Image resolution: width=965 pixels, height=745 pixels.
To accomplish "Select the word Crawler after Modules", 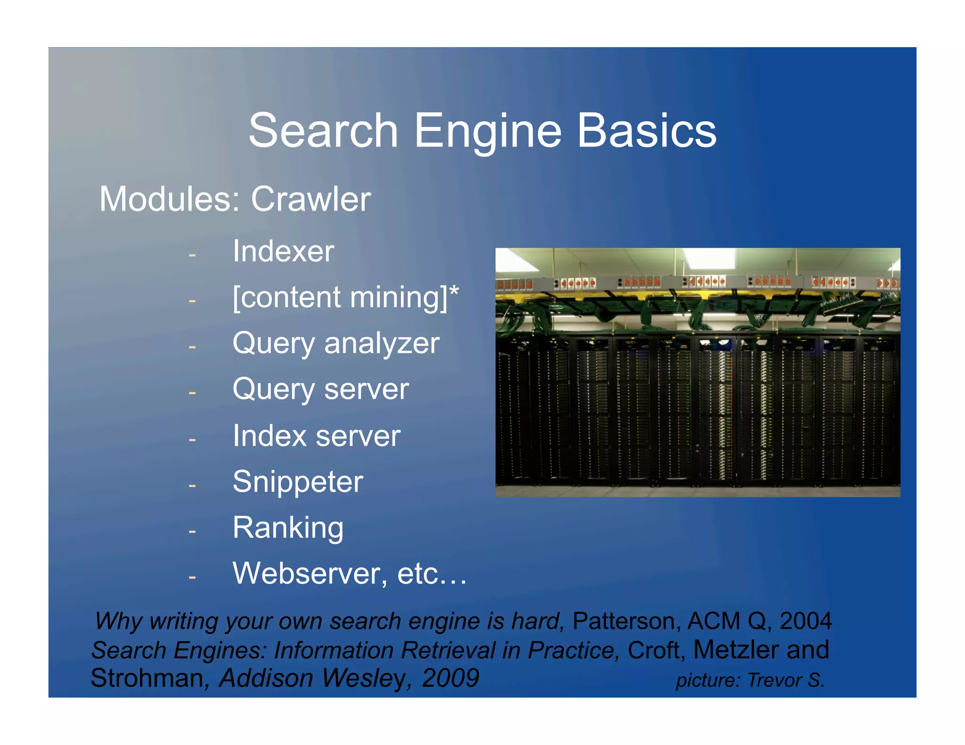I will click(311, 199).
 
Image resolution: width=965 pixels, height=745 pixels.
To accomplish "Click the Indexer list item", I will click(283, 251).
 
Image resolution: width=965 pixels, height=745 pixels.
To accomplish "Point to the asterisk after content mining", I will click(454, 291).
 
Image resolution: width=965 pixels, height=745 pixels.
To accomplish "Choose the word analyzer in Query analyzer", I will click(382, 343).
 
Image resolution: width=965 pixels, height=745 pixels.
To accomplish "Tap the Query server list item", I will click(320, 389).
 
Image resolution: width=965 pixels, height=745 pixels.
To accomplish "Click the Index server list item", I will click(316, 436).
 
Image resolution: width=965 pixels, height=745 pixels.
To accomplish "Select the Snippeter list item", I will click(298, 482).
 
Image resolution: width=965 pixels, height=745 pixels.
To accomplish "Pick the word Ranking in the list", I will click(288, 528).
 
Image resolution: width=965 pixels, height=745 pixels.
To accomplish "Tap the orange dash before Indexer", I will click(192, 255).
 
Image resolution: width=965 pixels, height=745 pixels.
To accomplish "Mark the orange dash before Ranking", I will click(192, 531).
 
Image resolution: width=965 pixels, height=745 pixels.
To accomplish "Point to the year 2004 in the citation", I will click(805, 621).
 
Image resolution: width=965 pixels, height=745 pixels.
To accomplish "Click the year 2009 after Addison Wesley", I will click(450, 678).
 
